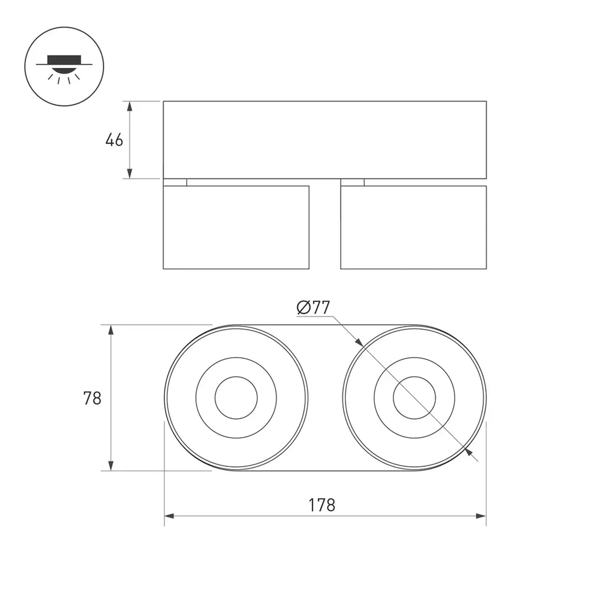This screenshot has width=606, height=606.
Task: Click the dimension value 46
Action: (114, 140)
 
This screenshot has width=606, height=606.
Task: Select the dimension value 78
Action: (92, 398)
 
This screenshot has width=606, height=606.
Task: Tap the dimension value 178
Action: (322, 505)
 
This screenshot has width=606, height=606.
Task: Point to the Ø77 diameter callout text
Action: (313, 308)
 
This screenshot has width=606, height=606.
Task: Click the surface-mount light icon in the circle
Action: (64, 67)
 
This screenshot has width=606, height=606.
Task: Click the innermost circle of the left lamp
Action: (236, 398)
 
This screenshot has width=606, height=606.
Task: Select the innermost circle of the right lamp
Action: (414, 398)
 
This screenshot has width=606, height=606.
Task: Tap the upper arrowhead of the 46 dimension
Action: (130, 106)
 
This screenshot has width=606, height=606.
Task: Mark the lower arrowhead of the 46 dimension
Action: (130, 174)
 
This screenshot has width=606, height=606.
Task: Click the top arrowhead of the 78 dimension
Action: (111, 330)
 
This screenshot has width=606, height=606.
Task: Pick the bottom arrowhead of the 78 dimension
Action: (111, 466)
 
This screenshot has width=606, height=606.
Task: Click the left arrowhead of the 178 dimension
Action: (169, 516)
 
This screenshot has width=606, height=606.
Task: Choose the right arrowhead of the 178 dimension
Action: (481, 516)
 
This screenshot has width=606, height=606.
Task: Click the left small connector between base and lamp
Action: (175, 182)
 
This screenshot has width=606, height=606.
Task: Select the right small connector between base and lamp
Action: (352, 182)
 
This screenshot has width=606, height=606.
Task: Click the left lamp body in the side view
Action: (236, 227)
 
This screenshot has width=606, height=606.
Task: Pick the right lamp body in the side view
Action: (413, 227)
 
